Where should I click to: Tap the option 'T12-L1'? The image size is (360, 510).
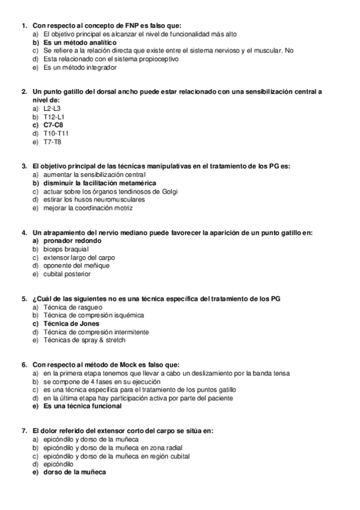click(x=54, y=117)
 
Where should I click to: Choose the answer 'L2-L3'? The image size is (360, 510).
click(x=52, y=108)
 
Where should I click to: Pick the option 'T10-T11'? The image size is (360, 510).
click(x=56, y=134)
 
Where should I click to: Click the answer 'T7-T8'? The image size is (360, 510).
click(x=52, y=142)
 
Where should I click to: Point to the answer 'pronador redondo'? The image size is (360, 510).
click(x=72, y=241)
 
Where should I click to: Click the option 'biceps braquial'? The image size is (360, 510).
click(x=66, y=249)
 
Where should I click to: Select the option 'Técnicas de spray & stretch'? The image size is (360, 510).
click(x=85, y=340)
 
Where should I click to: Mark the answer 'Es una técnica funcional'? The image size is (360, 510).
click(x=82, y=407)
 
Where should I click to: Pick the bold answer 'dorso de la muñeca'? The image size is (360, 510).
click(x=75, y=473)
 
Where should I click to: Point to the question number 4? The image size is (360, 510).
click(x=23, y=232)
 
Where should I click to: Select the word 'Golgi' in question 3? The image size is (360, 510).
click(x=169, y=191)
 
